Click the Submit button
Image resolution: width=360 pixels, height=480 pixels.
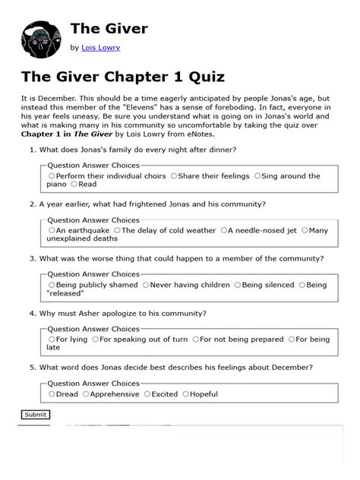coord(35,415)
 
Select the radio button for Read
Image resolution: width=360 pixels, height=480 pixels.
coord(74,184)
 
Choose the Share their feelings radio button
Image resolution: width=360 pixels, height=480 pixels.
coord(174,176)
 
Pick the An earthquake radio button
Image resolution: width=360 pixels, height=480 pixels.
coord(52,230)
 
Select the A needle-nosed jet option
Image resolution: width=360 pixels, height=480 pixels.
coord(224,230)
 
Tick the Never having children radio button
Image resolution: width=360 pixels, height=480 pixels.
coord(146,285)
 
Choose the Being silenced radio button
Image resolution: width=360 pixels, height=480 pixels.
coord(238,285)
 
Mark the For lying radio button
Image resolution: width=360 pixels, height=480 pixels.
coord(52,339)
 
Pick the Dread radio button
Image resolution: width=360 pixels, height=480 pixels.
coord(52,394)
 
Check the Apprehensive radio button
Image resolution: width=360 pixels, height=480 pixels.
coord(87,394)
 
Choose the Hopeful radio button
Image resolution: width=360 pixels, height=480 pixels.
coord(185,394)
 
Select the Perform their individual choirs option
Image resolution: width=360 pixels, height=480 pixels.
coord(52,176)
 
